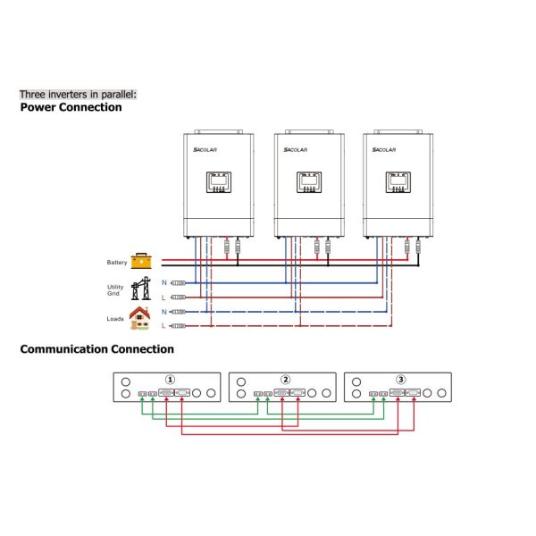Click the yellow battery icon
[142, 261]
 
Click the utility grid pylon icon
[141, 289]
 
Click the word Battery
[117, 263]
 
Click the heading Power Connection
[71, 107]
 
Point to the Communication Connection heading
[96, 349]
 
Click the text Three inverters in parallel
[79, 93]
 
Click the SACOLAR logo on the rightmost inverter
[387, 151]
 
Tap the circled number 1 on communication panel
[171, 380]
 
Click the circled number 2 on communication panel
[285, 380]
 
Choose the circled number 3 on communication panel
[400, 380]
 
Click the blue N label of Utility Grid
[163, 282]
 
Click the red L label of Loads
[163, 326]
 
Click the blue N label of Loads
[163, 311]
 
